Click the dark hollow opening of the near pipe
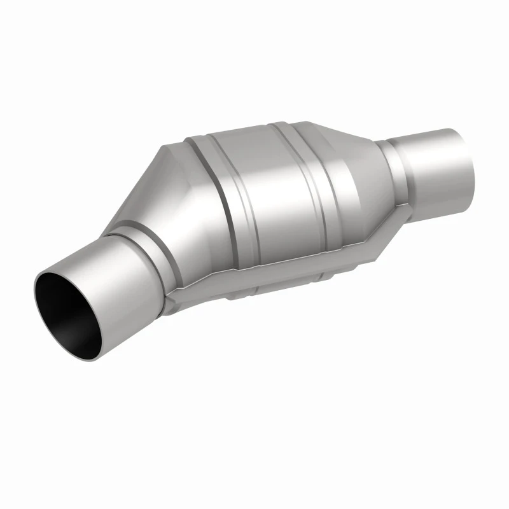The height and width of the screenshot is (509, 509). point(64,315)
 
